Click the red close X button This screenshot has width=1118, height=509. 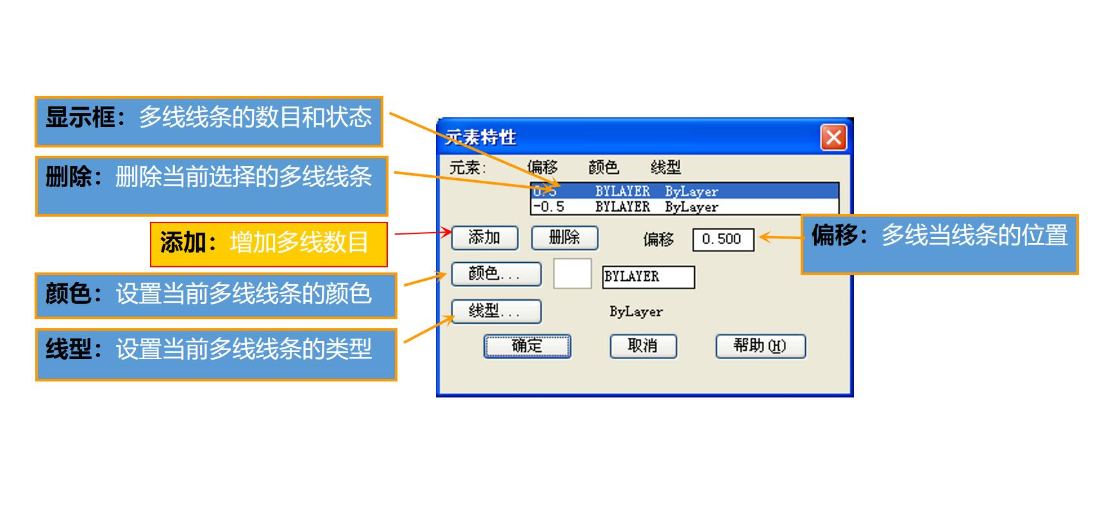pyautogui.click(x=833, y=138)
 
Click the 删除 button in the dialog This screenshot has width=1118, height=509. pyautogui.click(x=564, y=238)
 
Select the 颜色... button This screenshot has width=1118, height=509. pyautogui.click(x=496, y=274)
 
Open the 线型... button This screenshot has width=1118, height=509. pyautogui.click(x=496, y=312)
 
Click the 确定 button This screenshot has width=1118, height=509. pyautogui.click(x=527, y=346)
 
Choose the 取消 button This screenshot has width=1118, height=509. pyautogui.click(x=643, y=346)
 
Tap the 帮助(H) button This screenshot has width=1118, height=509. pyautogui.click(x=760, y=346)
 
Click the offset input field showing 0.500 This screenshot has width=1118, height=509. pyautogui.click(x=723, y=240)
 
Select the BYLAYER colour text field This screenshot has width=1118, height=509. pyautogui.click(x=648, y=277)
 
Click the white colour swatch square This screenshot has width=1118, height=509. pyautogui.click(x=572, y=274)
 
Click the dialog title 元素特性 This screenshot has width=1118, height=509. pyautogui.click(x=481, y=137)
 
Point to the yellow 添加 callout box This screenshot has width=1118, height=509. pyautogui.click(x=269, y=244)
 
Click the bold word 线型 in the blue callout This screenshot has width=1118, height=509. pyautogui.click(x=69, y=349)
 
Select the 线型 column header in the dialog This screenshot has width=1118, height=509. pyautogui.click(x=665, y=167)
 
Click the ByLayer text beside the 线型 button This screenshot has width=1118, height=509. pyautogui.click(x=636, y=312)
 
